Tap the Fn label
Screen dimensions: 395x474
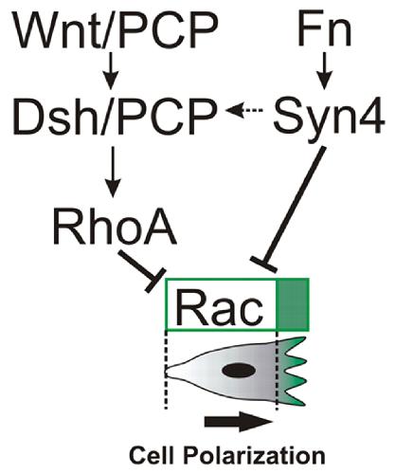(325, 29)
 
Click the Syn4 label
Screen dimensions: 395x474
(330, 116)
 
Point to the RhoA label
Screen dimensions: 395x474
(115, 227)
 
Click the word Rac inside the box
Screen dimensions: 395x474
(219, 308)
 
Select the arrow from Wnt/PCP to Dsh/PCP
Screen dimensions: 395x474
(111, 71)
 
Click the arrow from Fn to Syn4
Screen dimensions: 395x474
(325, 71)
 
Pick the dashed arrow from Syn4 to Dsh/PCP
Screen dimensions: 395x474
(244, 111)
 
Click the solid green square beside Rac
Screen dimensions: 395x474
(293, 304)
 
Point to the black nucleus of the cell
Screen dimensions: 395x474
(239, 371)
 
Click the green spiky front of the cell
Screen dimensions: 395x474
(292, 372)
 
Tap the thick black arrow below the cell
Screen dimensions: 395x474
(239, 422)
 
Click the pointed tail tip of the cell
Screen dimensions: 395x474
(167, 371)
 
